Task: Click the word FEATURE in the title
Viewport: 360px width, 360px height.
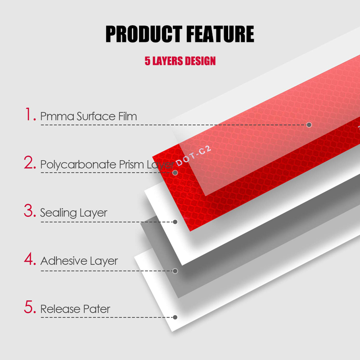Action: tap(219, 34)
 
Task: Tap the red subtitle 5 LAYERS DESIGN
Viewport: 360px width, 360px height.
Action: tap(180, 61)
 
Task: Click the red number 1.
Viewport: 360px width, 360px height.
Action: tap(30, 115)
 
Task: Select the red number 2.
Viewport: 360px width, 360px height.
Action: tap(30, 163)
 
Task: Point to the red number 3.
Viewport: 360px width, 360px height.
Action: tap(30, 211)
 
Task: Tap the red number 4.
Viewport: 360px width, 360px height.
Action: tap(30, 259)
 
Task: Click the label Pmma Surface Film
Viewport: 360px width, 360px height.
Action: tap(88, 116)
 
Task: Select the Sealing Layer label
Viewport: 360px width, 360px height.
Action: tap(74, 212)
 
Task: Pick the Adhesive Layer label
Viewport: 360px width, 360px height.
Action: tap(79, 261)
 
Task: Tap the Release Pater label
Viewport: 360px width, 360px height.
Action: tap(75, 309)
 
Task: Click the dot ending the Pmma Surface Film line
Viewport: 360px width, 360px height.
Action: tap(309, 125)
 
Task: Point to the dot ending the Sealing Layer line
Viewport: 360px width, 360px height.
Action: tap(175, 221)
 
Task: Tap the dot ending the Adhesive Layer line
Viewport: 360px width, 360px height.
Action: tap(175, 270)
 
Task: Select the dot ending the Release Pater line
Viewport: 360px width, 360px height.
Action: tap(175, 317)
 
